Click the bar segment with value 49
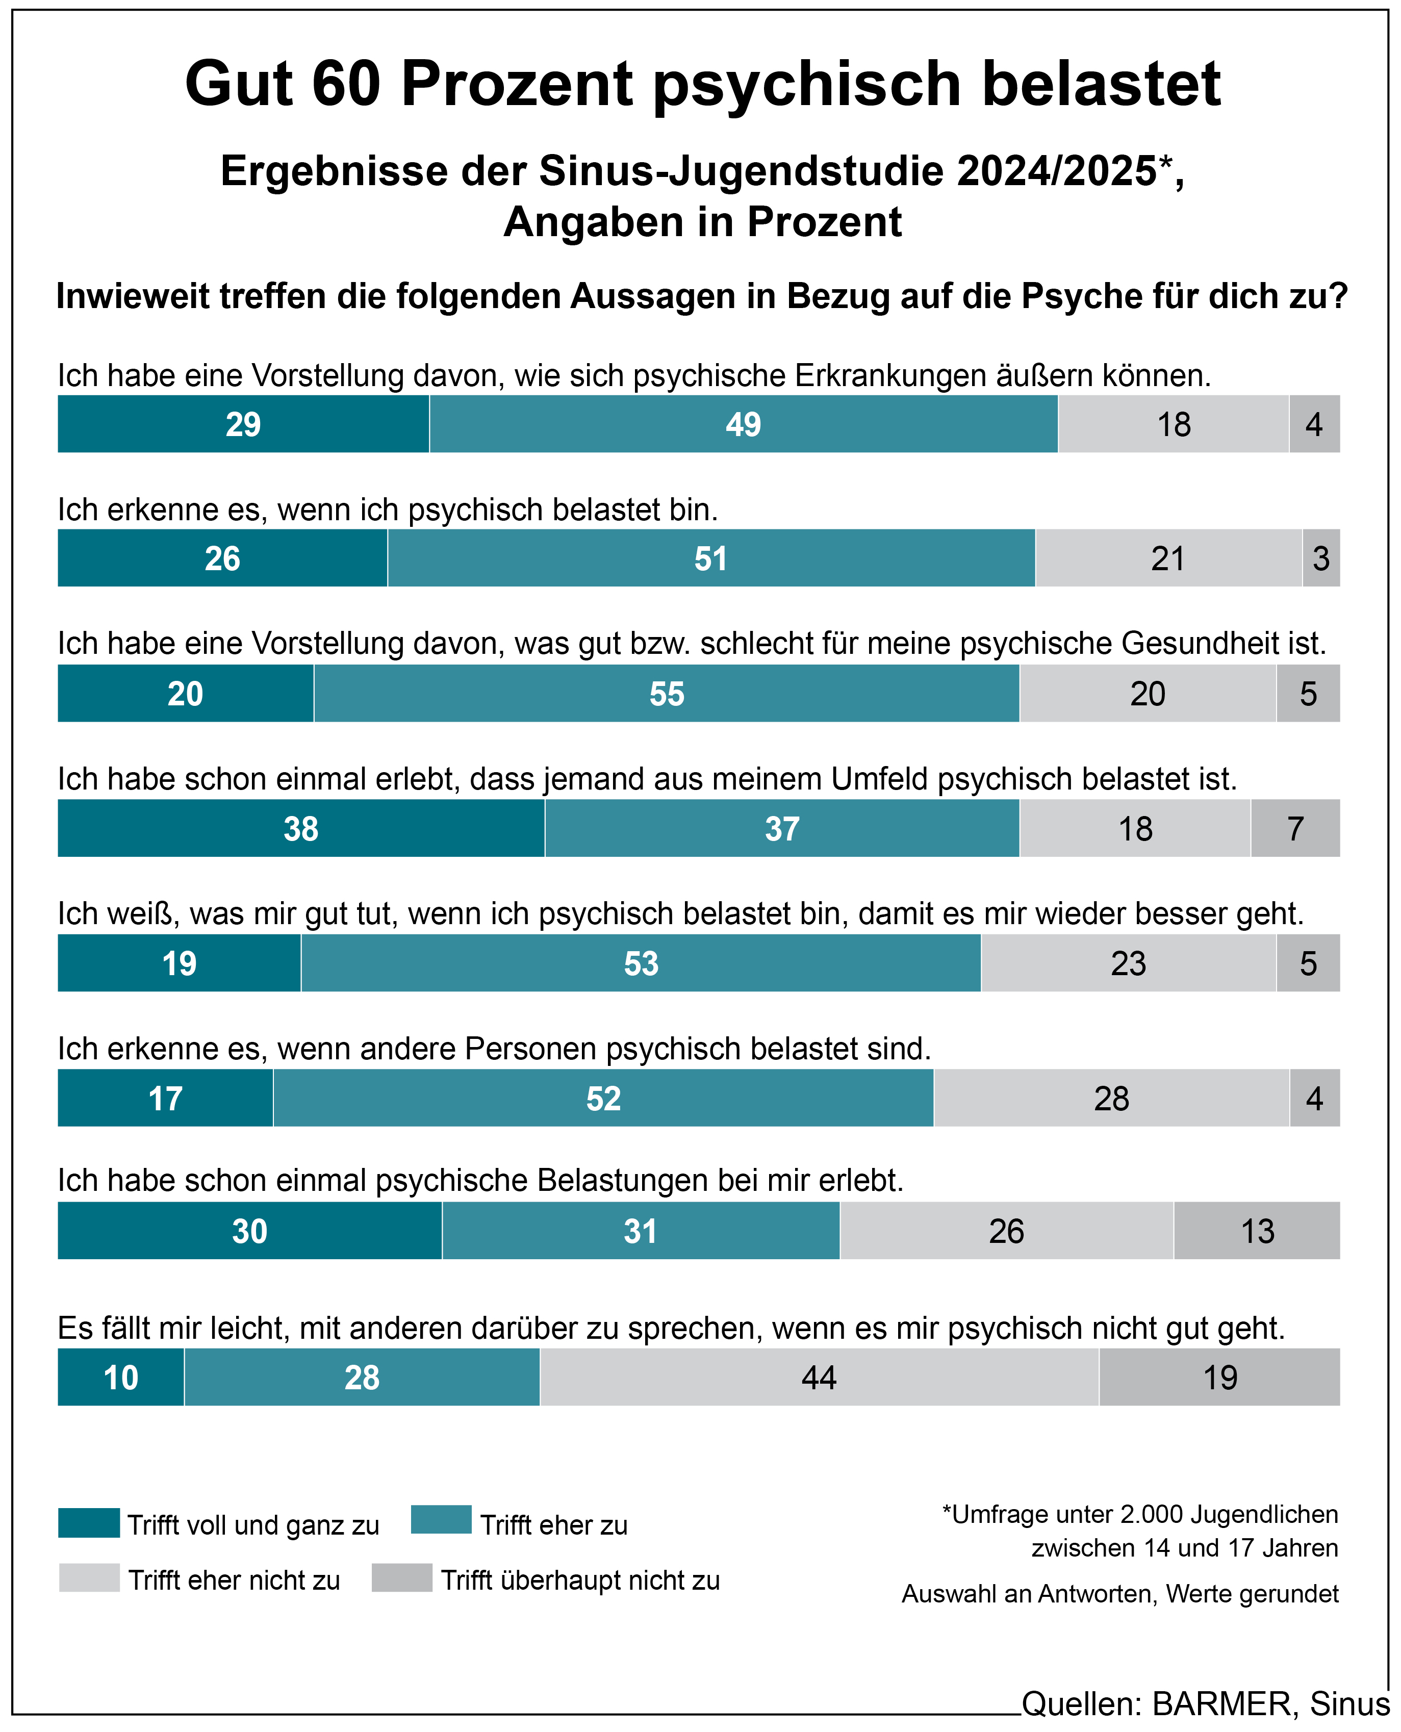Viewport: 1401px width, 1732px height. click(x=743, y=424)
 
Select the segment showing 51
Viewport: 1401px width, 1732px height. click(x=711, y=558)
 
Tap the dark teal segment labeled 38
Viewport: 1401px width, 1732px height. click(x=301, y=829)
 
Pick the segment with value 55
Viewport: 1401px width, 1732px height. click(x=667, y=694)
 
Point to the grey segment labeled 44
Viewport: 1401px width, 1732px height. click(x=819, y=1378)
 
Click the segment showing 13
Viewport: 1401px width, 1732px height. click(x=1257, y=1232)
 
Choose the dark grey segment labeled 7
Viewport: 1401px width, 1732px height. click(x=1295, y=829)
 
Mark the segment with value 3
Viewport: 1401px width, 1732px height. click(x=1321, y=558)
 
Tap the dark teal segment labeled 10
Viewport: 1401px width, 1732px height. click(x=121, y=1378)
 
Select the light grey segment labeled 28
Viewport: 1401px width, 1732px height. click(x=1111, y=1099)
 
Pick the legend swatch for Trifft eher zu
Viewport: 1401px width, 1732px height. click(x=441, y=1520)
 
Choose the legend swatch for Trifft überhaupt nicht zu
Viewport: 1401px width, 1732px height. click(x=402, y=1578)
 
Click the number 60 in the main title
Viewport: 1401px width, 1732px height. click(x=346, y=84)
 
